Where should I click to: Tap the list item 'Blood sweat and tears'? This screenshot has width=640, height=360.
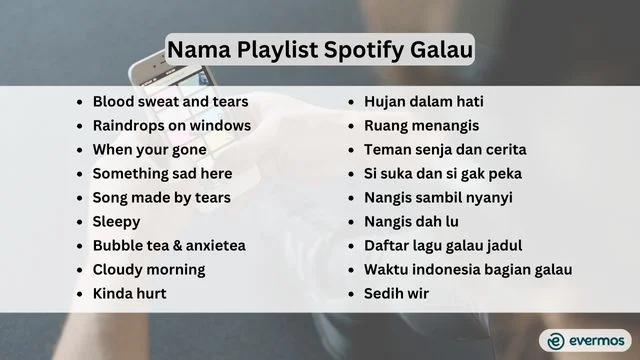[170, 102]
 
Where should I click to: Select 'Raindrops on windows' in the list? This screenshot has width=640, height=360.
[171, 126]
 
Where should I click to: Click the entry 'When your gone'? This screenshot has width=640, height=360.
[149, 150]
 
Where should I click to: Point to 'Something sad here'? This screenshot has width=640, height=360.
[162, 174]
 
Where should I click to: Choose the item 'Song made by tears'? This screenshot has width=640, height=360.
[161, 198]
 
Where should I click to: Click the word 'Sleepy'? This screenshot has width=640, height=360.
[116, 221]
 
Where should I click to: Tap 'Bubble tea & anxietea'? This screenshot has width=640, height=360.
[169, 245]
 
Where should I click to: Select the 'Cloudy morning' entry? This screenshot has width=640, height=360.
[148, 269]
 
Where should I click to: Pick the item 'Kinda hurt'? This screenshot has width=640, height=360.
[129, 293]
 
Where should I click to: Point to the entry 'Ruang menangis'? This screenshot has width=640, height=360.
[421, 126]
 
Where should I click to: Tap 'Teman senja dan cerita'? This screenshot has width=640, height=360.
[445, 150]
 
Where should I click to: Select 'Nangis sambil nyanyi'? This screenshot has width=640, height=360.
[437, 198]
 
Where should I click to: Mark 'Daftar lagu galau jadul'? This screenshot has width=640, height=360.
[443, 245]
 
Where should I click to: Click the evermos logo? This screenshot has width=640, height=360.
[585, 340]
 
